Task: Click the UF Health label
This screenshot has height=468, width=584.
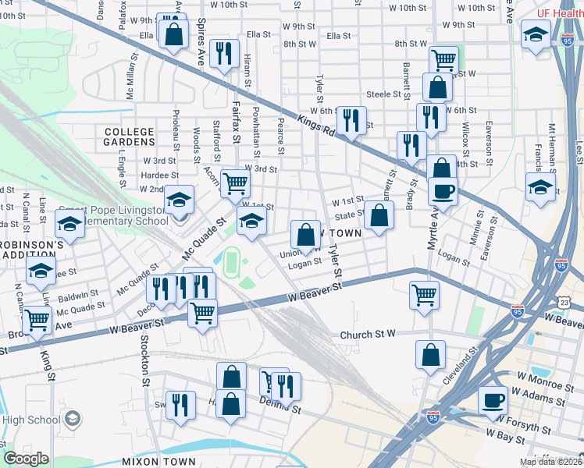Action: [561, 14]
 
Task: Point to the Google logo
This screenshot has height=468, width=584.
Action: [26, 459]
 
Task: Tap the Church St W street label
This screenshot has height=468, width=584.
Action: [369, 335]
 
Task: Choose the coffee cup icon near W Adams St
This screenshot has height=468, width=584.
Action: [492, 400]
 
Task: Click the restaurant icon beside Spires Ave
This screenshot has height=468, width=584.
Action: [224, 52]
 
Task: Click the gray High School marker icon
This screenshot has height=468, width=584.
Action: [72, 419]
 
